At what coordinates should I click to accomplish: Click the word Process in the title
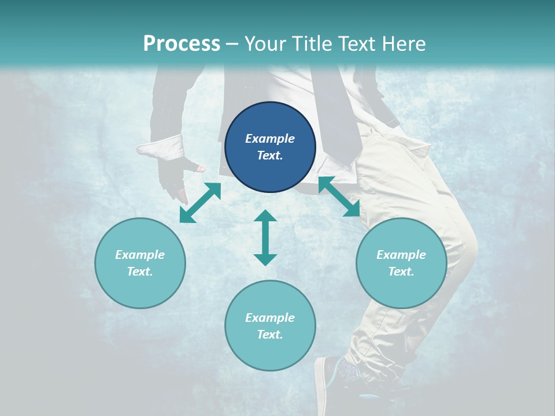(x=182, y=44)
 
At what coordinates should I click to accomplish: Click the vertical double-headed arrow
(x=265, y=237)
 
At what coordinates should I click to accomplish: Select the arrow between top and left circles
(x=200, y=203)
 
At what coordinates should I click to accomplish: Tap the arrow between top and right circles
(x=339, y=197)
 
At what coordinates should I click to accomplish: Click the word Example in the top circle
(x=270, y=139)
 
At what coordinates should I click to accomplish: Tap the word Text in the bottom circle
(x=270, y=335)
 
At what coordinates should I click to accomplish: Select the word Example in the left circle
(x=140, y=255)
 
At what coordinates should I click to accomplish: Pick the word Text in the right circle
(x=401, y=272)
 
